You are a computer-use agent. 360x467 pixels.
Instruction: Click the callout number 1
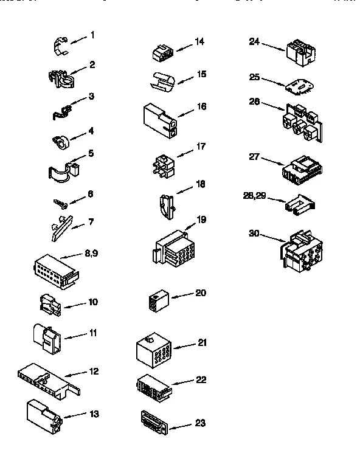pos(92,35)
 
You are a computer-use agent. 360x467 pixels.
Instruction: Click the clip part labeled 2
pos(61,77)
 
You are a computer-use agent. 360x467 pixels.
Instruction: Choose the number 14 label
pos(199,41)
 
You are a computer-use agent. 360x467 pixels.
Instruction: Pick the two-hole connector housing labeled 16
pos(161,119)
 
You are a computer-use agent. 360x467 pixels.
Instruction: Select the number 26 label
pos(254,102)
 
